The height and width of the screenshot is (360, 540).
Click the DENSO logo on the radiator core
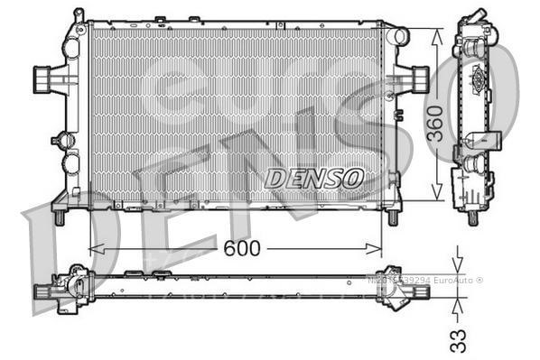pyautogui.click(x=313, y=177)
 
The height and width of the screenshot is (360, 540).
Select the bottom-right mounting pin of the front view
pyautogui.click(x=393, y=217)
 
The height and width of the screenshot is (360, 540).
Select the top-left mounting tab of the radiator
pyautogui.click(x=79, y=16)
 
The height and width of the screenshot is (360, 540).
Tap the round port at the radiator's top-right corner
pyautogui.click(x=398, y=36)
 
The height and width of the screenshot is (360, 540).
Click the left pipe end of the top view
pyautogui.click(x=42, y=291)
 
